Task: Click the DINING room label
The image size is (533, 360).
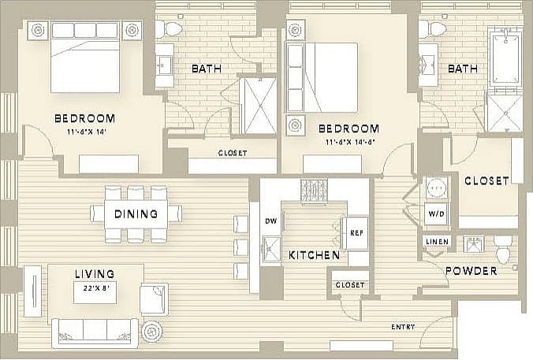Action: point(136,213)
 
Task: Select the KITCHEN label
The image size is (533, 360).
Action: point(314,256)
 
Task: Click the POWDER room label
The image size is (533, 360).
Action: point(471,271)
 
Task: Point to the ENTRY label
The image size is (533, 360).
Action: point(404,326)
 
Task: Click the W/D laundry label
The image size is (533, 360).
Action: point(435,213)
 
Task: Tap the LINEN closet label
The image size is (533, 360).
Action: point(436,241)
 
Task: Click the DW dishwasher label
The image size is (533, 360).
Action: point(270,221)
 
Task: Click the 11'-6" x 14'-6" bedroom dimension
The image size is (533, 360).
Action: point(348,143)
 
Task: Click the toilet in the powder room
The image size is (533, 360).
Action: point(502,248)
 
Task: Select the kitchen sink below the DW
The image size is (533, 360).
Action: point(272,247)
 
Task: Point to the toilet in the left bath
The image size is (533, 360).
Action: point(169,30)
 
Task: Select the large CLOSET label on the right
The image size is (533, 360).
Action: point(486,180)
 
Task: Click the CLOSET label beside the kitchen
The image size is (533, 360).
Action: point(349,284)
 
